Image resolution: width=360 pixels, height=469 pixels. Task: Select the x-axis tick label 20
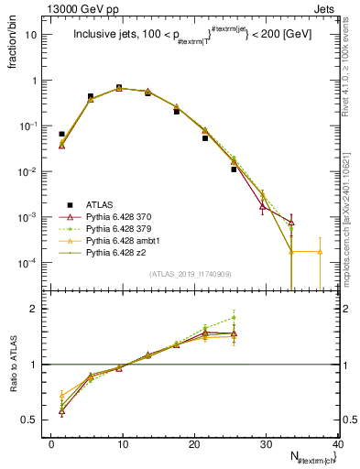[x=194, y=444]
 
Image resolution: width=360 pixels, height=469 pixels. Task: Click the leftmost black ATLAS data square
[x=61, y=134]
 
